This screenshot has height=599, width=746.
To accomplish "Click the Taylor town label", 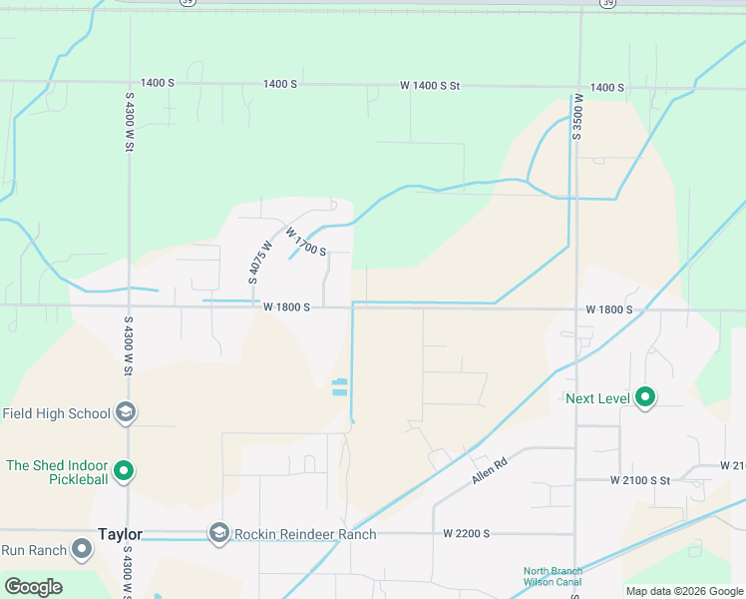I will (x=120, y=534).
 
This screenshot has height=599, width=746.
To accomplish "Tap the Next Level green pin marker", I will (x=645, y=398).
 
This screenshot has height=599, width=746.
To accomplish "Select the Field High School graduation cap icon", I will (x=125, y=412).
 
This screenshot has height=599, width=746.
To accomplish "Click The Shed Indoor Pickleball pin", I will (x=124, y=469).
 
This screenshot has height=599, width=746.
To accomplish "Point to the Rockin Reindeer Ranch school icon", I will (x=218, y=534).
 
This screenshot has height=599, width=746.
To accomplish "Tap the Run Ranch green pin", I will (x=82, y=549).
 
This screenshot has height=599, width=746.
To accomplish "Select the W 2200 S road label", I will (x=467, y=534).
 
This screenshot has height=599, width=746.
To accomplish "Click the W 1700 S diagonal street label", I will (x=306, y=242).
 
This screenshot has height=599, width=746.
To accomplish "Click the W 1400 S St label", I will (x=430, y=87).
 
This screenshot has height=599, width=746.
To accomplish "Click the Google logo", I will (x=33, y=587).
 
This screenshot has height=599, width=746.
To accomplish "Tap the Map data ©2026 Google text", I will (x=684, y=591).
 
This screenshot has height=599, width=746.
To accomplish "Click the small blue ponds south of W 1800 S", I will (x=340, y=387).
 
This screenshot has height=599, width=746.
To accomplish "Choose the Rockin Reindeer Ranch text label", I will (x=304, y=534).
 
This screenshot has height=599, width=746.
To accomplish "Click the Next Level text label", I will (x=597, y=398).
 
